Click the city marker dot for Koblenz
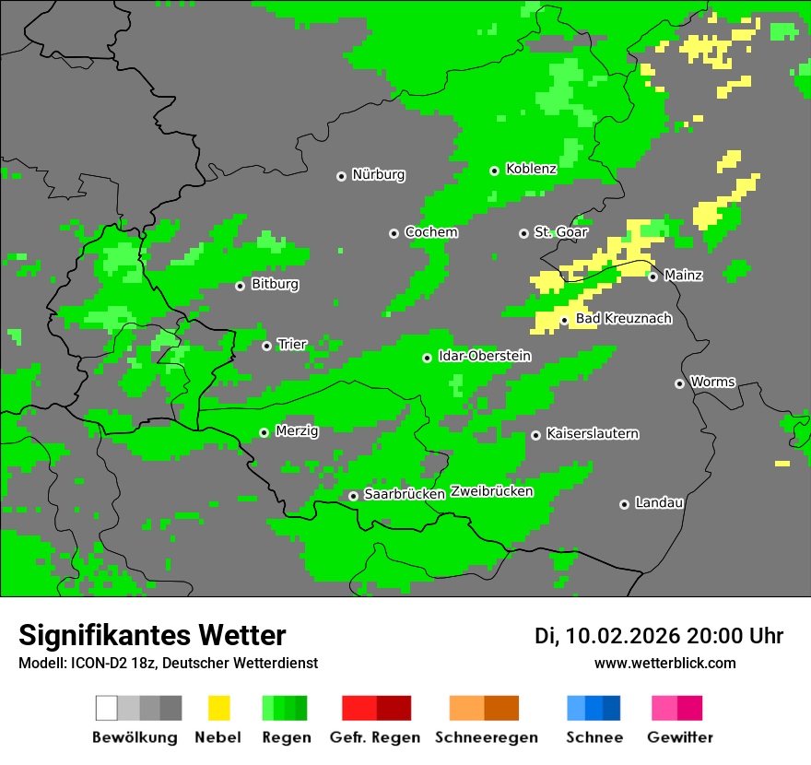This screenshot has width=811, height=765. (x=495, y=171)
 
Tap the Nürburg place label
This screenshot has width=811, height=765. (x=378, y=174)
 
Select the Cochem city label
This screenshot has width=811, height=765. (x=430, y=232)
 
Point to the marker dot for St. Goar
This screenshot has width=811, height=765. (x=523, y=233)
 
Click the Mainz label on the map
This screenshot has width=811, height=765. (x=683, y=275)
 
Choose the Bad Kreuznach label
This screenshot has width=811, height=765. (x=623, y=319)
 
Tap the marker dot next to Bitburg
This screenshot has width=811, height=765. (x=240, y=286)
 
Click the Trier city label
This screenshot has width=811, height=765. (x=292, y=345)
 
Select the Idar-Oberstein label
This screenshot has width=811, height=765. (x=484, y=356)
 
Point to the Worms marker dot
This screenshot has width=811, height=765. (x=679, y=383)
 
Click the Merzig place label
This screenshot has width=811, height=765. (x=297, y=431)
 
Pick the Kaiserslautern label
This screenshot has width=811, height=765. (x=592, y=433)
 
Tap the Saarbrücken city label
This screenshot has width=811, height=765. (x=405, y=494)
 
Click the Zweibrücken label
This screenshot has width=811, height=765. (x=491, y=491)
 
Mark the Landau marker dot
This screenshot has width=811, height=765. (x=624, y=504)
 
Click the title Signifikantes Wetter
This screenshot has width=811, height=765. (x=152, y=636)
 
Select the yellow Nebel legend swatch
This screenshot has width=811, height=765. (x=218, y=708)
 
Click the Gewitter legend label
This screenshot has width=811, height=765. (x=679, y=737)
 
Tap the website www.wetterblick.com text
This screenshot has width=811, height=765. (x=664, y=664)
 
